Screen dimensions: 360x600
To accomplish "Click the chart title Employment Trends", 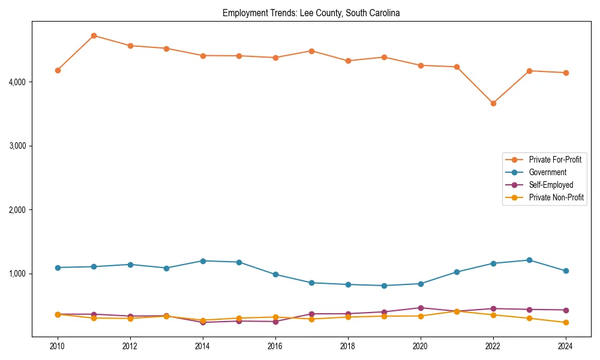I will [311, 13].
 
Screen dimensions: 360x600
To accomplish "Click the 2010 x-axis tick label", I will [58, 346].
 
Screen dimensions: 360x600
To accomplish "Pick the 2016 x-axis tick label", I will [275, 346].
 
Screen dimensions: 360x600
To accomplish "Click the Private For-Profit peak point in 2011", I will [94, 35].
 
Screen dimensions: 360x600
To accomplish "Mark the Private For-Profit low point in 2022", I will [493, 103].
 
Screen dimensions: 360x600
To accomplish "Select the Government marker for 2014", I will [203, 261].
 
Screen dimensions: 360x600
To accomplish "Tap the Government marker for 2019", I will [384, 286].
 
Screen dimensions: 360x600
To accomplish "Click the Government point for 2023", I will [529, 260].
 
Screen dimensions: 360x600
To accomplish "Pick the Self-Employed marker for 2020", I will [421, 308].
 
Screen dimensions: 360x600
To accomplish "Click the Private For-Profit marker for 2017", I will [311, 51].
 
